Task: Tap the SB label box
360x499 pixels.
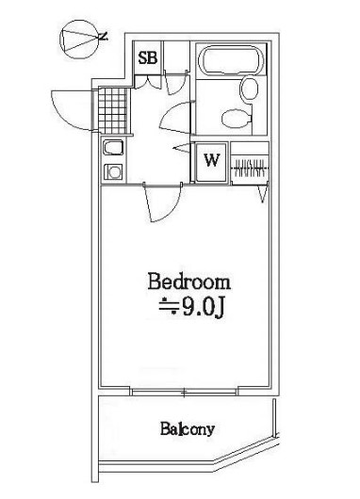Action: tap(149, 58)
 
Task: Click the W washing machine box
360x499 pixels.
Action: tap(211, 160)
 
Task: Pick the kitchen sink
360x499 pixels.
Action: tap(112, 150)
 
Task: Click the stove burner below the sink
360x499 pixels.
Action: tap(112, 170)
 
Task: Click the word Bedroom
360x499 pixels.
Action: tap(188, 282)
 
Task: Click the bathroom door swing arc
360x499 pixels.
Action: tap(176, 119)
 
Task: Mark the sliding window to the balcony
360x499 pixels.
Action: tap(185, 389)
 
